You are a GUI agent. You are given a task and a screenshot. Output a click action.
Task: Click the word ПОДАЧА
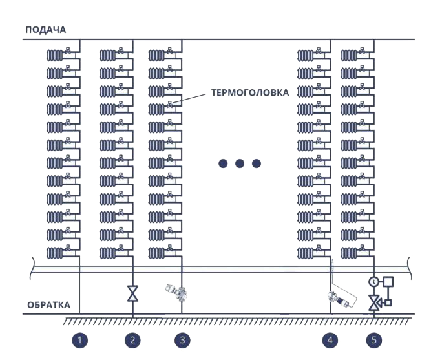[45, 30]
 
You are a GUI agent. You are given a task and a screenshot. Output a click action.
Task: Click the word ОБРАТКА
[48, 305]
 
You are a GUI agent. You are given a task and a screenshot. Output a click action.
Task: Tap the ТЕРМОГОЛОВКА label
[249, 92]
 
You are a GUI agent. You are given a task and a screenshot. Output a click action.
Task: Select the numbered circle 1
[79, 339]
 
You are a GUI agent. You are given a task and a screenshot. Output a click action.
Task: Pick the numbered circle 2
[132, 339]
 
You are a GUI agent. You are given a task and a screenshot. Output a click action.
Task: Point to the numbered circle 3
[182, 339]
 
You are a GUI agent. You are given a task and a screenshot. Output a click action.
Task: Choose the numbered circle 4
[330, 339]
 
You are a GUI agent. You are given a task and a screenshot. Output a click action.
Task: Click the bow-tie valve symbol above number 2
[132, 294]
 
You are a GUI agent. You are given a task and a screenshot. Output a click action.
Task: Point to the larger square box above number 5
[388, 281]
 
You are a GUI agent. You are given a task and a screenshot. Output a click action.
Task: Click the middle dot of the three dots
[240, 164]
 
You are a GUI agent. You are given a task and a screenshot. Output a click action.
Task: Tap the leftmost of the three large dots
[223, 164]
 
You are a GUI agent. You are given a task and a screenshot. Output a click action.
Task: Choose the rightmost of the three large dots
[257, 164]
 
